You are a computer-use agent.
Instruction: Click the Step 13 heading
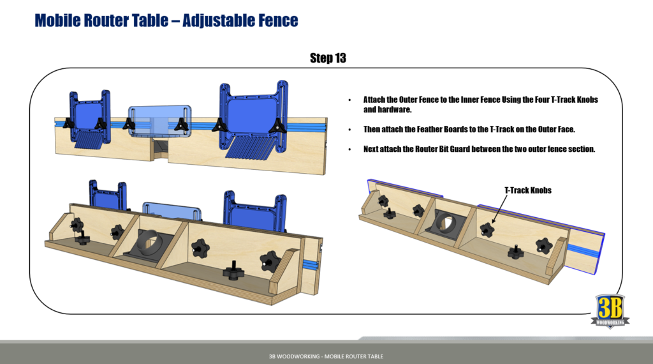click(x=328, y=58)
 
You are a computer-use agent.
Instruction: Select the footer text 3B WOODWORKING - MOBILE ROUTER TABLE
click(x=326, y=356)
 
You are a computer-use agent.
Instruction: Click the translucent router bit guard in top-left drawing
click(x=159, y=119)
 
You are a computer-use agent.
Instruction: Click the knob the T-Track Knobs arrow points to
click(x=487, y=229)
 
